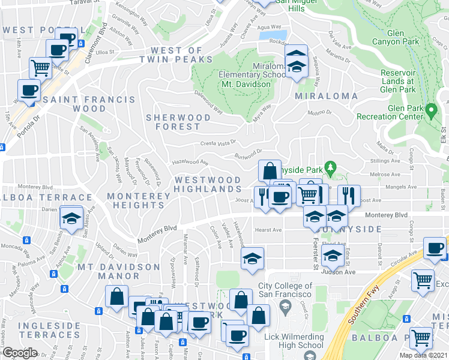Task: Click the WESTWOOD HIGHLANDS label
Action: (x=208, y=184)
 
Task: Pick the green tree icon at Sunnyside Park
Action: (x=329, y=166)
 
